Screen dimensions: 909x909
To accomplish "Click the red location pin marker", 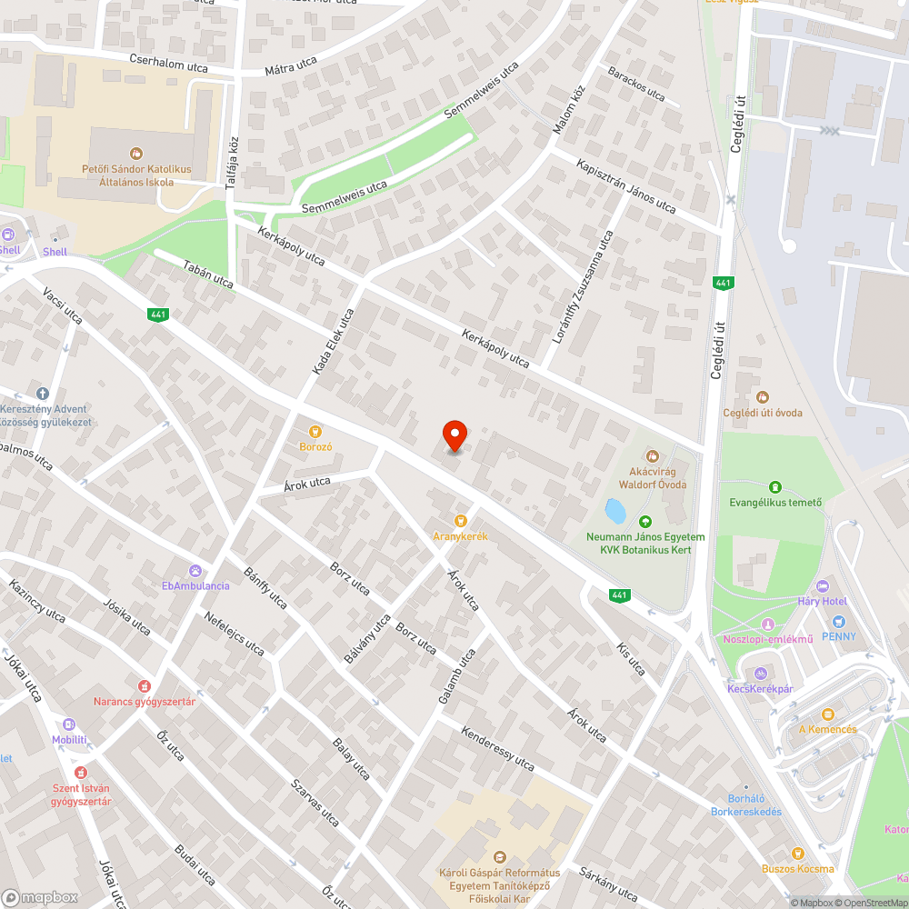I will [x=454, y=435].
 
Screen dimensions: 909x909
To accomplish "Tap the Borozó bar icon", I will [x=315, y=432].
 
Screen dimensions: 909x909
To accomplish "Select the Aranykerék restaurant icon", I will [x=461, y=521].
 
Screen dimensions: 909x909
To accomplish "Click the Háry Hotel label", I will [x=822, y=602].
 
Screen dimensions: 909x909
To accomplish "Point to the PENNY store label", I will [x=838, y=636].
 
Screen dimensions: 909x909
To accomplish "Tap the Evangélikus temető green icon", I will [x=775, y=488].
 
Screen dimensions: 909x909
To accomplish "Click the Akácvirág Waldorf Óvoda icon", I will [x=653, y=456].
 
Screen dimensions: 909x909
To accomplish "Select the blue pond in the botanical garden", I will [x=615, y=510].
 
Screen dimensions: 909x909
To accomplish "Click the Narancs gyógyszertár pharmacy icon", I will [x=144, y=685].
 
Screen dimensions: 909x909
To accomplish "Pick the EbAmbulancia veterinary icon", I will [x=195, y=570].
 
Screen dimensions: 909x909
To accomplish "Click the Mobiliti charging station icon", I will [x=69, y=724].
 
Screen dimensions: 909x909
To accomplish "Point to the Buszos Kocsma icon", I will [x=798, y=853].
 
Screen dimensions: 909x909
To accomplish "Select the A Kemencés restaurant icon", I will [x=827, y=714].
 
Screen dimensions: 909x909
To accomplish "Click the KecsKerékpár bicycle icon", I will [x=761, y=674].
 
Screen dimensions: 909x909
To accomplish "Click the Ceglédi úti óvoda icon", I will [x=762, y=397].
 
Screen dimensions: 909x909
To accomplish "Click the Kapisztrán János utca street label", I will [x=626, y=186].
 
